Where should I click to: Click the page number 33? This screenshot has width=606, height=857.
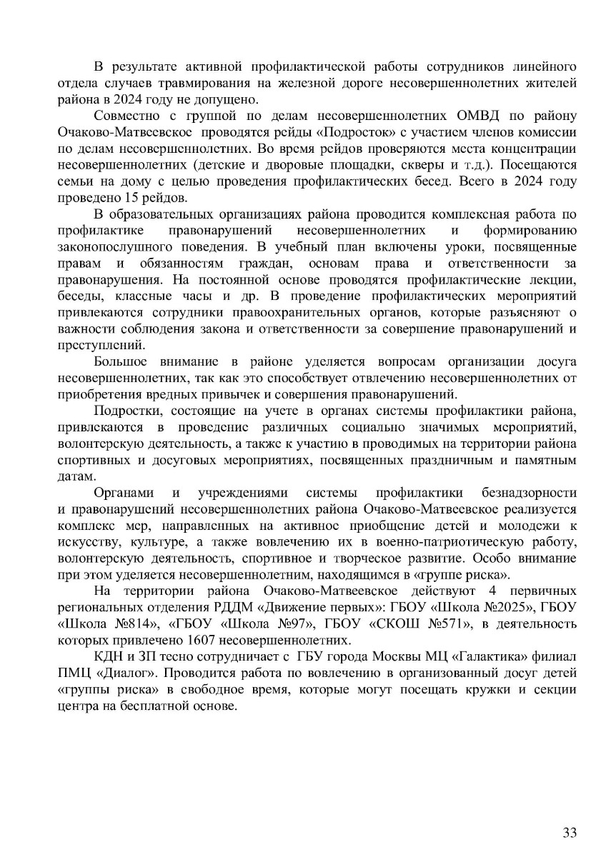point(570,833)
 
